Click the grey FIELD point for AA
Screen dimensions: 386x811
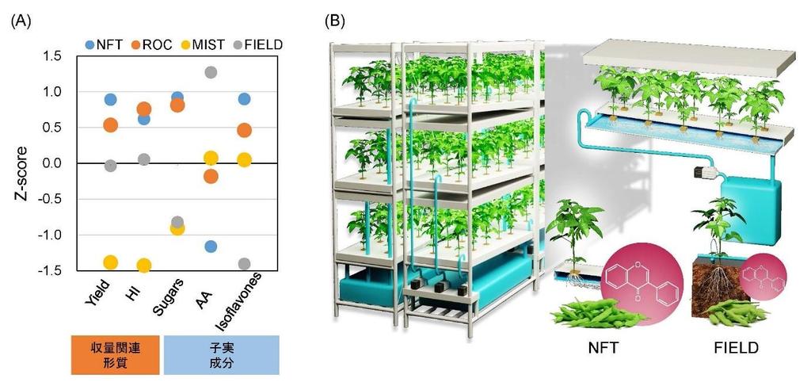tap(211, 73)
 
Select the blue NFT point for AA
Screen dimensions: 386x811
tap(211, 247)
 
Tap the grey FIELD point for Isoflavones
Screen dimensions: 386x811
tap(244, 264)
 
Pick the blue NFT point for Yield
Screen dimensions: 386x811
tap(110, 100)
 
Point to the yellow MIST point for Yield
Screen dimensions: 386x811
tap(110, 262)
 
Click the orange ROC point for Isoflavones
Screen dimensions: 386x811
tap(244, 130)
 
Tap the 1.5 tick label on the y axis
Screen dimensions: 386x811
tap(52, 55)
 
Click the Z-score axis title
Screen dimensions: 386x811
tap(23, 163)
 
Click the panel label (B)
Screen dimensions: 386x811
tap(336, 21)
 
